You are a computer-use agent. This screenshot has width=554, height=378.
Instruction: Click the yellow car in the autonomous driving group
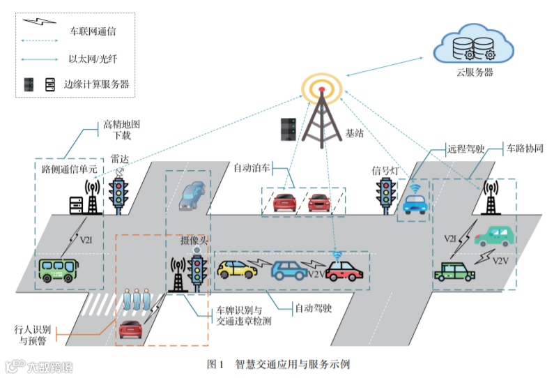[237, 269]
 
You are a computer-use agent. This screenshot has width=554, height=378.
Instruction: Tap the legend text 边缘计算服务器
[97, 84]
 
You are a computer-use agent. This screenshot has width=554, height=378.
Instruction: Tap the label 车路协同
[524, 149]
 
